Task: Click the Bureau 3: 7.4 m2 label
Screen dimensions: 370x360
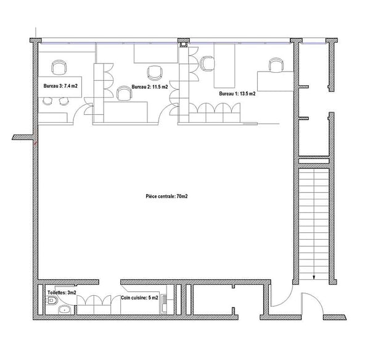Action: (60, 86)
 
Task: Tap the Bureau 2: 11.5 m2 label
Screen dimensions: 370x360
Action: (150, 87)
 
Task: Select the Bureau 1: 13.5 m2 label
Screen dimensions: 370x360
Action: (237, 93)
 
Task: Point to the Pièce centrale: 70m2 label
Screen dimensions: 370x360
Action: (166, 196)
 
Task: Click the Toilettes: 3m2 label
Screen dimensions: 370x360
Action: (62, 293)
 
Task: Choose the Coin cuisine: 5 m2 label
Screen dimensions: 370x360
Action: (139, 298)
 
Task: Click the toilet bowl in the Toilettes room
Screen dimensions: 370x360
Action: (52, 301)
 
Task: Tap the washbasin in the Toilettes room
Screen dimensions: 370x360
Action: (64, 310)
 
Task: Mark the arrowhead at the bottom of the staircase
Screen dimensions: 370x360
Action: (314, 278)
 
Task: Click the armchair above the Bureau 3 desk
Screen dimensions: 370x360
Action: (59, 67)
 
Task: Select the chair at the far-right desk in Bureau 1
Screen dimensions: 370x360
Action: (276, 65)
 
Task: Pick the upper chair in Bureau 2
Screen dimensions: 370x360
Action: (155, 73)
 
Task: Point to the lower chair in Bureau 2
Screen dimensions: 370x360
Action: (125, 93)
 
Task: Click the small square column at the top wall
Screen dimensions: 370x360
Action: (183, 44)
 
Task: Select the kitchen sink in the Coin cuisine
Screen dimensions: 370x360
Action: (164, 304)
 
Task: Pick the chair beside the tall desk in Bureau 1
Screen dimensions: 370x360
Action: (207, 64)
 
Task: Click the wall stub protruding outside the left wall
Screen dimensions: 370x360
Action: (22, 137)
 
